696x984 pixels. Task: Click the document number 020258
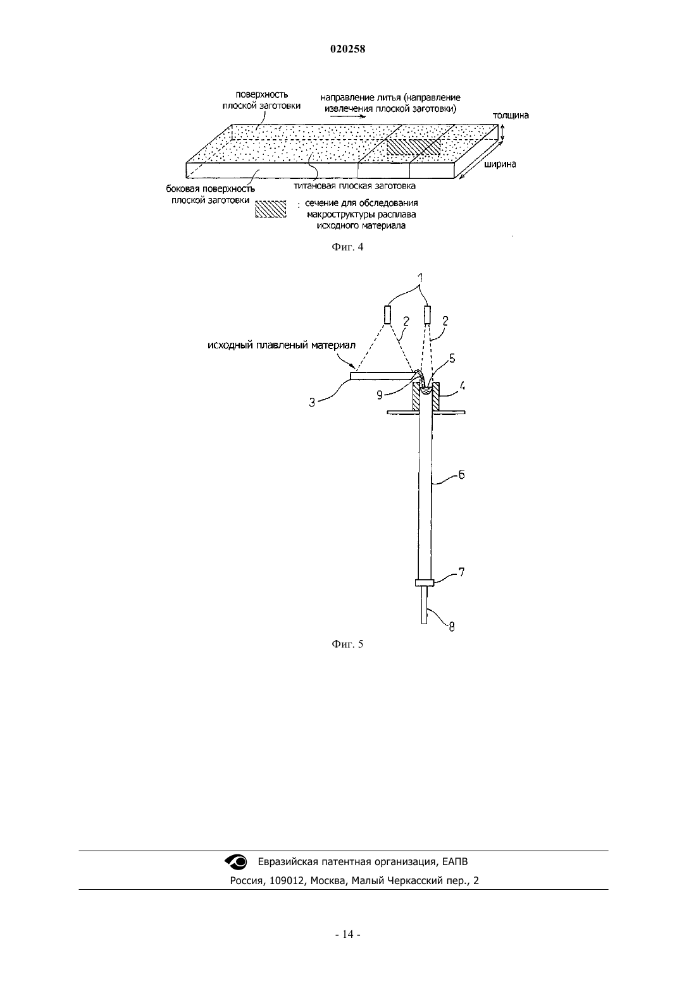tap(347, 49)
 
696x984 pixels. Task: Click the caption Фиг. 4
tap(347, 247)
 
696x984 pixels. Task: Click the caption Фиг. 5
tap(347, 644)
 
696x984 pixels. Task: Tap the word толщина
tap(511, 116)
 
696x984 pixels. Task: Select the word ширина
tap(500, 164)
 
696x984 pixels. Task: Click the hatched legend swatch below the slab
tap(271, 209)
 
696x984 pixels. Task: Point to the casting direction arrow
tap(348, 117)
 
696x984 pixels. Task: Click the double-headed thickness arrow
tap(502, 133)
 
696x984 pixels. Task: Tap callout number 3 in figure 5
tap(312, 402)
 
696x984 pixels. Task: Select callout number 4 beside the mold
tap(463, 386)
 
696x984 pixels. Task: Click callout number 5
tap(452, 359)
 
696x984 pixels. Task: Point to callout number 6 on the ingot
tap(461, 474)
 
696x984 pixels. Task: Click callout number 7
tap(461, 572)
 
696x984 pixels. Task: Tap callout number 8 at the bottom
tap(452, 627)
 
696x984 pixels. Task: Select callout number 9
tap(379, 395)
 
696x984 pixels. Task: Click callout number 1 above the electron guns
tap(421, 278)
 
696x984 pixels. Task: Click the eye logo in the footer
tap(236, 862)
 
